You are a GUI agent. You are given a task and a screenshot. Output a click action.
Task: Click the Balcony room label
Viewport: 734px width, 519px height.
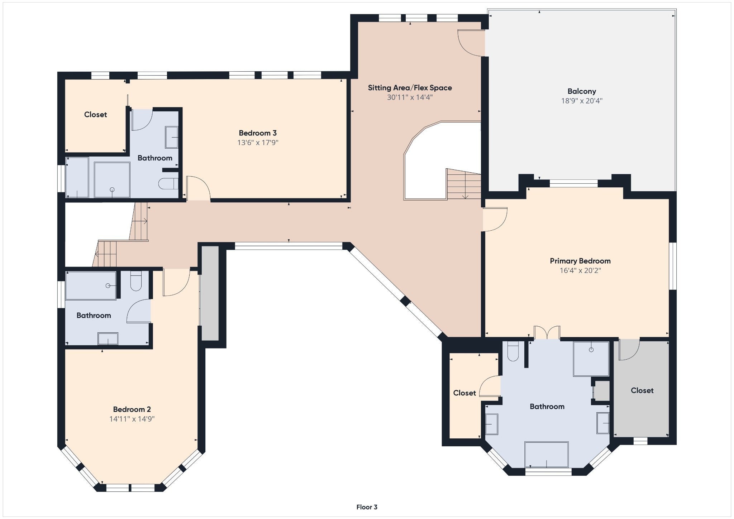tap(582, 91)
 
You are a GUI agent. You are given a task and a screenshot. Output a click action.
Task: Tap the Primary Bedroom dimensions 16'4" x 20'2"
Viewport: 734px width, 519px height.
tap(580, 270)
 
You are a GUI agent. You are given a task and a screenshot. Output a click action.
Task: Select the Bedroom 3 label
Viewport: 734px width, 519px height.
tap(258, 133)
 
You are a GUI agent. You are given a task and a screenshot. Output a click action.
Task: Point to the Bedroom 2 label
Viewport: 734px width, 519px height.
tap(132, 409)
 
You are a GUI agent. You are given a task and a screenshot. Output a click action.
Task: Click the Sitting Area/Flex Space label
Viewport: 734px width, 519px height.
tap(410, 88)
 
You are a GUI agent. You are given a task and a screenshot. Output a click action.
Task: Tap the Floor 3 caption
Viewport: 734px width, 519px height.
tap(367, 507)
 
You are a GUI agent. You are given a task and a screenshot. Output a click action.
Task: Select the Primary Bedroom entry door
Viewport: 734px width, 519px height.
tap(495, 219)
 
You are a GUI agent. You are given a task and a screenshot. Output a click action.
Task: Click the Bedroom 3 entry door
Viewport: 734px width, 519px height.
tap(198, 188)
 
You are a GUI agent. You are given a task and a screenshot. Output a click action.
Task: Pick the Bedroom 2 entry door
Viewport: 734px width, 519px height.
tap(176, 283)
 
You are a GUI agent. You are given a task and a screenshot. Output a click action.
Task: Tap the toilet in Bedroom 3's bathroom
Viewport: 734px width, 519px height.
tap(168, 183)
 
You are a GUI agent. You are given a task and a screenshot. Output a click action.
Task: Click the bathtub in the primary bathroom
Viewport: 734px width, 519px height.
tap(547, 455)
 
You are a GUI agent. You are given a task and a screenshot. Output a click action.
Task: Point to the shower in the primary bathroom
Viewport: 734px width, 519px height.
tap(591, 359)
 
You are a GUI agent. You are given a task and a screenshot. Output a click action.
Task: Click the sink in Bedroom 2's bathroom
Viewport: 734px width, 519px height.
tap(108, 338)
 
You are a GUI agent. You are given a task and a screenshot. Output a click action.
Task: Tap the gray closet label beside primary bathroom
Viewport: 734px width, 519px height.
tap(642, 390)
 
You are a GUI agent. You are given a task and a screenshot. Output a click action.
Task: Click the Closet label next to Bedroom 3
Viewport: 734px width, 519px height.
tap(96, 115)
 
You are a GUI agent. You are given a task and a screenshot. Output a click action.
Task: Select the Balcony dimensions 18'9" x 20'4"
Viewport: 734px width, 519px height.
tap(582, 101)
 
